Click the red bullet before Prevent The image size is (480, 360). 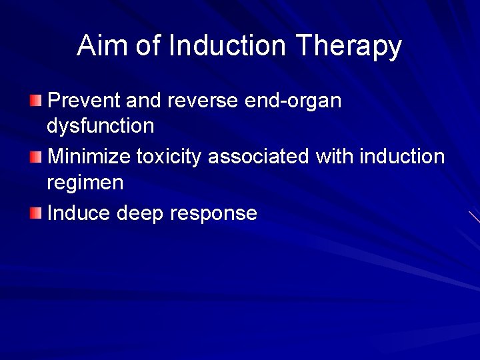pos(35,101)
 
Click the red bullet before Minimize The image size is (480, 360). pos(35,157)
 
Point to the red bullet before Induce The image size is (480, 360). pos(35,213)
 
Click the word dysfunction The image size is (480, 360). pos(100,126)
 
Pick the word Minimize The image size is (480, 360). pos(89,157)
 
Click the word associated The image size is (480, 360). pos(259,157)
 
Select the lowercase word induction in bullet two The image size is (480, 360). pos(402,157)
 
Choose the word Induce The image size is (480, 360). pos(79,213)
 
